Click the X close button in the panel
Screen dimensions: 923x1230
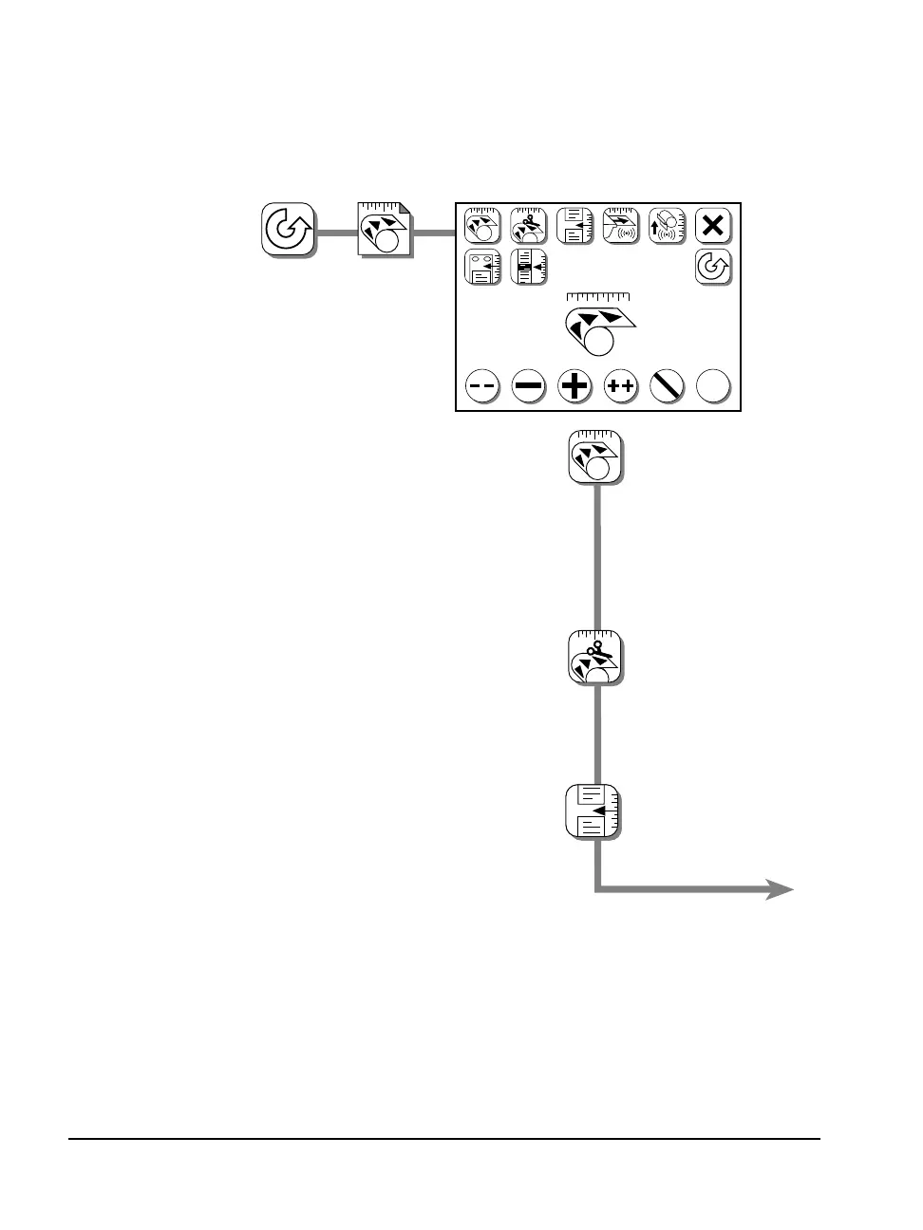click(x=713, y=227)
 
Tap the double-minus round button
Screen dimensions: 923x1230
click(x=481, y=386)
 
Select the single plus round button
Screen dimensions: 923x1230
click(x=575, y=386)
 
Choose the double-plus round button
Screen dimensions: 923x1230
click(x=621, y=386)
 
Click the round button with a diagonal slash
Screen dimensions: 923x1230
click(x=668, y=386)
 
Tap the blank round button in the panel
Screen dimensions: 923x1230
click(x=714, y=386)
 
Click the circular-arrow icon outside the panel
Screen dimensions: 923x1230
click(x=288, y=230)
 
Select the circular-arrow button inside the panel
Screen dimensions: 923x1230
click(x=713, y=268)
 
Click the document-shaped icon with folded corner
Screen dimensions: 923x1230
click(x=384, y=230)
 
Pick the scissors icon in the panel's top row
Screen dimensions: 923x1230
click(x=528, y=227)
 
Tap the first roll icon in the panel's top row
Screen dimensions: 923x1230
click(x=481, y=227)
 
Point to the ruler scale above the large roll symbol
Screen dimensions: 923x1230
click(x=598, y=297)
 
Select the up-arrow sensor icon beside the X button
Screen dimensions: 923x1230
click(x=667, y=227)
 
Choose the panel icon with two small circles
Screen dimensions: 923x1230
click(x=481, y=268)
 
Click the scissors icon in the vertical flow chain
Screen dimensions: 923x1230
click(x=595, y=657)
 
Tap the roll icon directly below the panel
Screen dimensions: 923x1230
click(x=595, y=457)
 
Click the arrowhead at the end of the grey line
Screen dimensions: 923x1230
click(x=782, y=889)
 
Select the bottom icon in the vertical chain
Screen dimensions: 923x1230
click(x=593, y=811)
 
